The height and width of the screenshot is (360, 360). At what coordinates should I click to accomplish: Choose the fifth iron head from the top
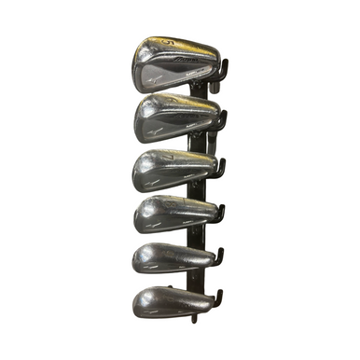(x=173, y=256)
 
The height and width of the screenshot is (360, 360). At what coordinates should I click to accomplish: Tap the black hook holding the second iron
(x=220, y=122)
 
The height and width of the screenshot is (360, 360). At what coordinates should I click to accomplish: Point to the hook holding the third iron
(x=219, y=169)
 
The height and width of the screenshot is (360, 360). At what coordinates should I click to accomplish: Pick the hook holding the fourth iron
(x=218, y=213)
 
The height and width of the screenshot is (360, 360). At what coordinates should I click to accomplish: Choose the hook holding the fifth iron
(x=217, y=257)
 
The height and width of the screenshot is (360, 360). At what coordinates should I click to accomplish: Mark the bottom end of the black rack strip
(x=195, y=319)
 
